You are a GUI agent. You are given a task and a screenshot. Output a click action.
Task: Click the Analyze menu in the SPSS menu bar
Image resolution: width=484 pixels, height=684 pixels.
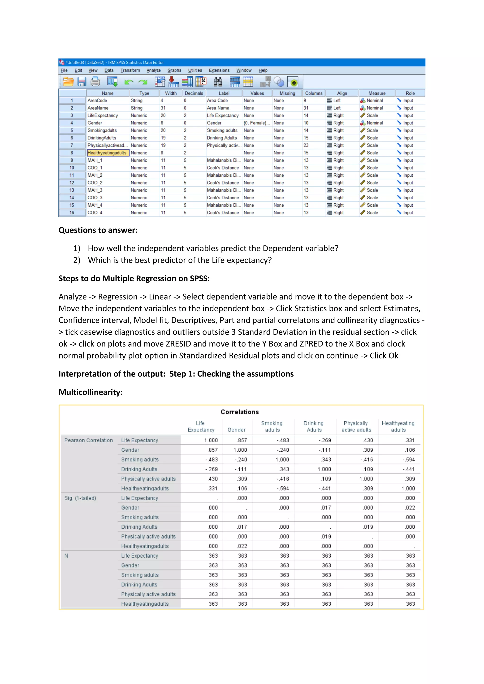pos(153,70)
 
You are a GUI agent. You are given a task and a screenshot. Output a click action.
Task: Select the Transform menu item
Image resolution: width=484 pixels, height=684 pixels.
pos(130,70)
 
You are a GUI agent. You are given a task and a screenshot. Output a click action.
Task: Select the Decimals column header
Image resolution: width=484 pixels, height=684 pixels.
pos(194,93)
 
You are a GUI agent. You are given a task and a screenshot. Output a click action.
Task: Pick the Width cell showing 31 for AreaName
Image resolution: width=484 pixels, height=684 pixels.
pos(163,108)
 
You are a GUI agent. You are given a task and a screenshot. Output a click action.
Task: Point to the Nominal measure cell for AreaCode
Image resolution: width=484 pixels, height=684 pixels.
pos(374,100)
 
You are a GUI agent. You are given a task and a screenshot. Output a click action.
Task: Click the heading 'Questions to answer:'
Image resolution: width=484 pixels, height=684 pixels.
pos(98,230)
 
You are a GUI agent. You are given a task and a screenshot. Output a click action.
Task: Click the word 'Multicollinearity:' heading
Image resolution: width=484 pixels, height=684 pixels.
pos(91,392)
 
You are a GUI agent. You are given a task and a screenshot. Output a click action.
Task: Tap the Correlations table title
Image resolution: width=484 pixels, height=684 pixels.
pos(240,412)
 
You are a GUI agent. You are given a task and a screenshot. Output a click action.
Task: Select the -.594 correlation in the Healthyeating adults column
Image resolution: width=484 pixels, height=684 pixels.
pos(409,460)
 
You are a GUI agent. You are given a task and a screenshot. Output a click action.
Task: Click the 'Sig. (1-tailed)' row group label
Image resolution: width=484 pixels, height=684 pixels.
pos(80,498)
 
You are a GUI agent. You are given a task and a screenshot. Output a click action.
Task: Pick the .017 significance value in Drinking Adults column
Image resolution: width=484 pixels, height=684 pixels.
pos(326,508)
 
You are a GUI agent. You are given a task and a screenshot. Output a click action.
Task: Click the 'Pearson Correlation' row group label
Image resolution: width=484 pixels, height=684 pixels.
pos(89,440)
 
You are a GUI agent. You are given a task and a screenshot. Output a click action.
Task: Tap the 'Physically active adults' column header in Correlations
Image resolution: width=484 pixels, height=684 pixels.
pos(356,426)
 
